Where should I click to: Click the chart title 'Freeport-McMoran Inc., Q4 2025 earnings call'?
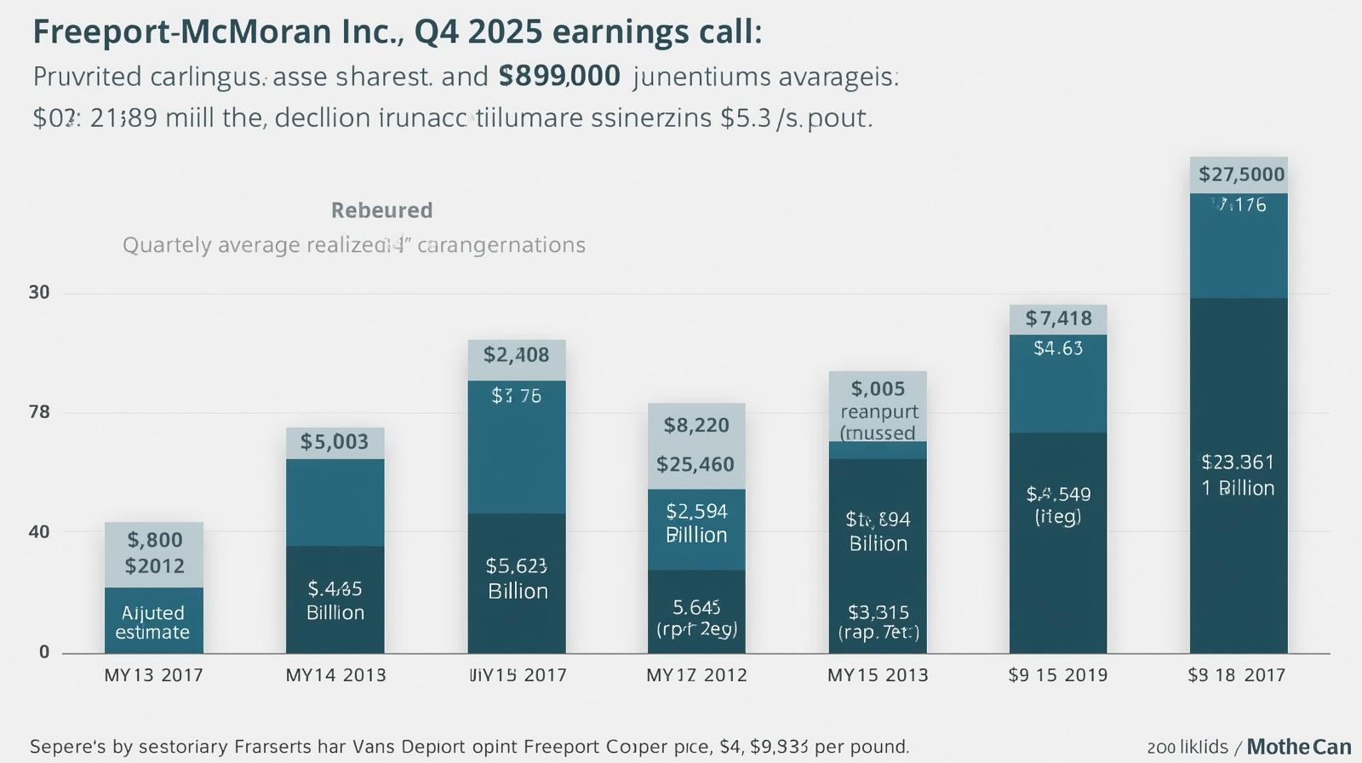click(397, 32)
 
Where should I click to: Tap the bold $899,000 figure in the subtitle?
click(559, 77)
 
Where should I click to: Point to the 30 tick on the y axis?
click(39, 292)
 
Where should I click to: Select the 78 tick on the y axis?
click(39, 412)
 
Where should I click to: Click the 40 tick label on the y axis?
click(39, 531)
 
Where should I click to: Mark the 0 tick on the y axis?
click(44, 651)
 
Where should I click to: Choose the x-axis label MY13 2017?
click(154, 675)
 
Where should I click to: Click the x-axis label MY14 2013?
click(335, 675)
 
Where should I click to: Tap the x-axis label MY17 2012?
click(696, 675)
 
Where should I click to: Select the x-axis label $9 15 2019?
click(1058, 675)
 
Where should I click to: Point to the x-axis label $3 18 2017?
click(1237, 675)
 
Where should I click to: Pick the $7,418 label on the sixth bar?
click(1058, 318)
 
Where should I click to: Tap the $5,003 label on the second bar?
click(335, 441)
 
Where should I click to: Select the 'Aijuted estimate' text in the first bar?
click(153, 622)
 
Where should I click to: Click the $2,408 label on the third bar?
click(517, 354)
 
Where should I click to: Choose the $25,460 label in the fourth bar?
click(695, 464)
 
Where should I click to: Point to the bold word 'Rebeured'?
click(382, 210)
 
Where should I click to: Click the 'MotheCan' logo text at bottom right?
click(1299, 747)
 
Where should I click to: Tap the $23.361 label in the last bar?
click(1239, 462)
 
